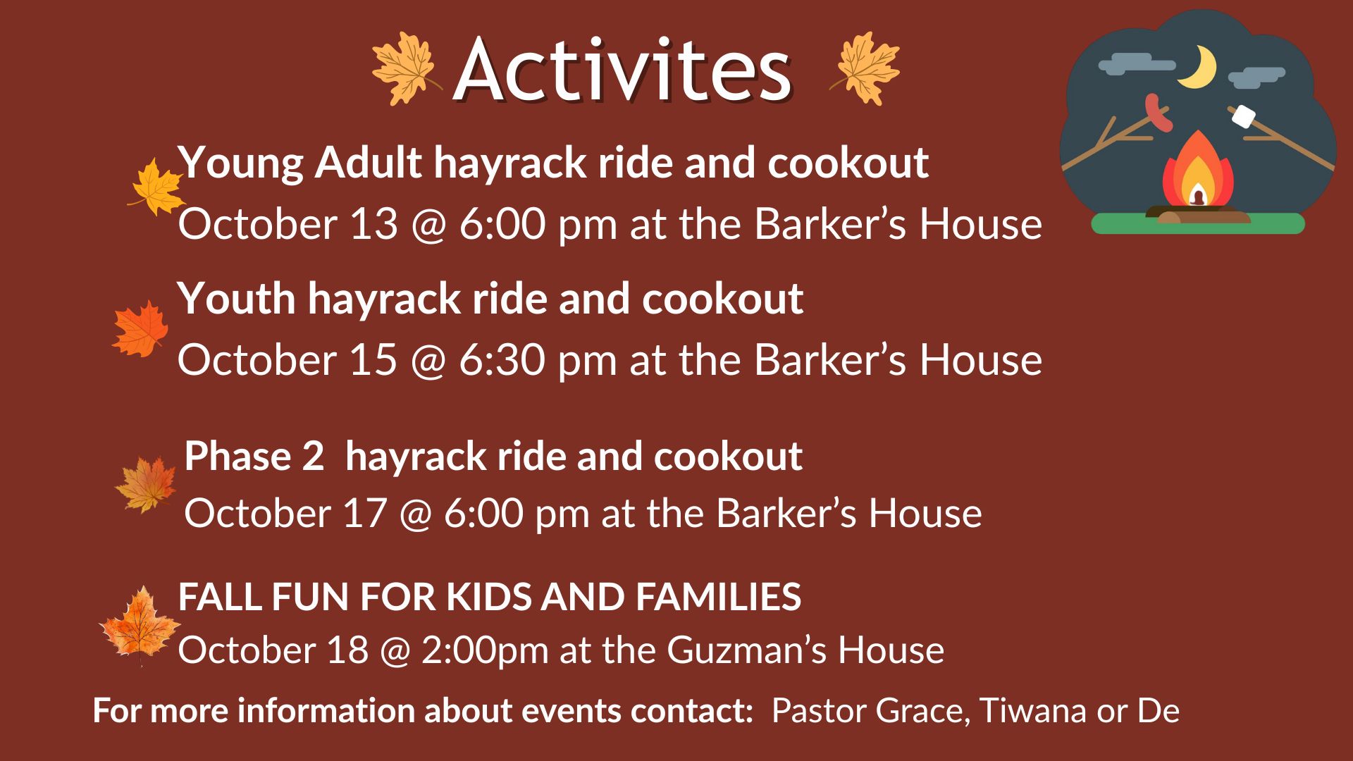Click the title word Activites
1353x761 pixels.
tap(623, 69)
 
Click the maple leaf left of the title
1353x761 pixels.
tap(403, 69)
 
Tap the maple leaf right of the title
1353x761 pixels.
tap(865, 69)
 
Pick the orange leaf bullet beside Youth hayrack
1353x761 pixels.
tap(140, 328)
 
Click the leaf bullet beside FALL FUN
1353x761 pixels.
tap(140, 624)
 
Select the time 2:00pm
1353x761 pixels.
tap(485, 650)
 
